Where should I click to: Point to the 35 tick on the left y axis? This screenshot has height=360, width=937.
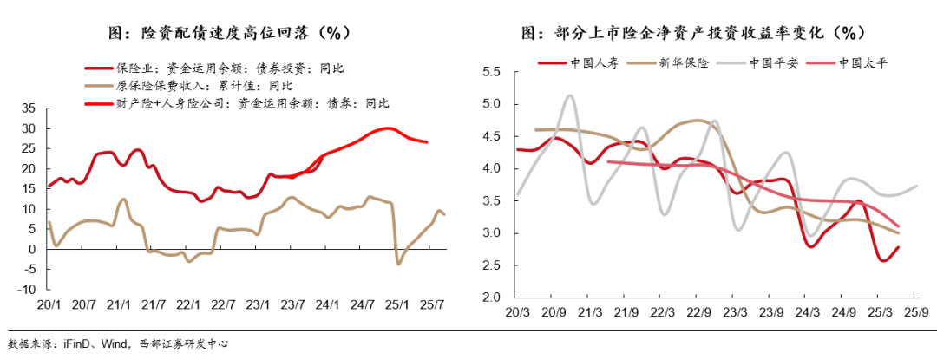(x=28, y=108)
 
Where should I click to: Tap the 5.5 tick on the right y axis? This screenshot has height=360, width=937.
(x=492, y=72)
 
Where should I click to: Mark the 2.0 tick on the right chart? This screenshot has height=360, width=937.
(x=492, y=298)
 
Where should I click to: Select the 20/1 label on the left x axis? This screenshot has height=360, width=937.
(x=48, y=306)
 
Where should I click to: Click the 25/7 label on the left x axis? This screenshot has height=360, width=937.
(x=433, y=306)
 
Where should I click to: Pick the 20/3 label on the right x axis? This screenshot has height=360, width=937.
(x=517, y=312)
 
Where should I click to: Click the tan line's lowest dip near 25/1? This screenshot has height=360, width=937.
(x=398, y=264)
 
